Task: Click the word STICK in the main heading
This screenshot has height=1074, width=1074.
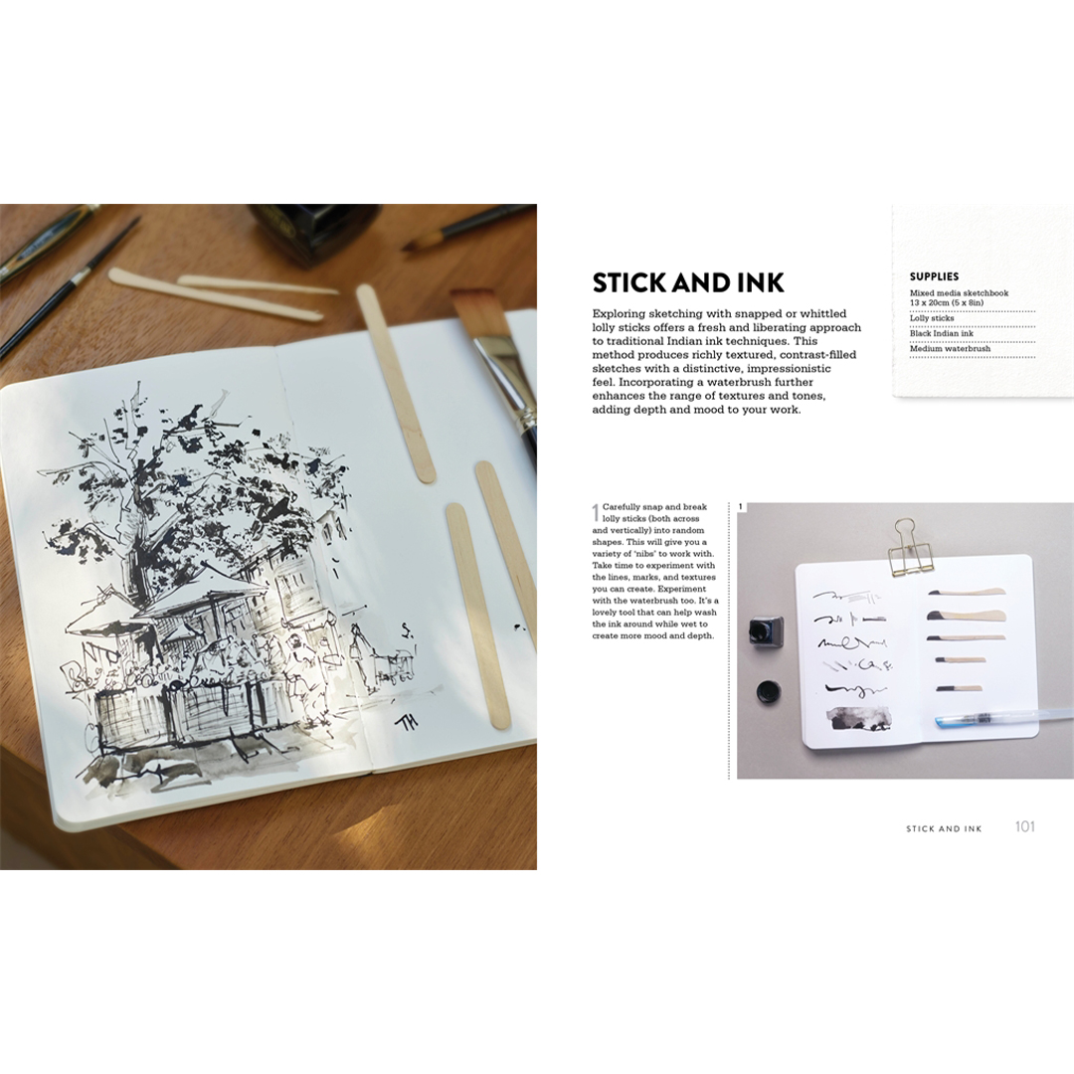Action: point(629,282)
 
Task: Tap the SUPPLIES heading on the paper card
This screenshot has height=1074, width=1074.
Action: point(934,276)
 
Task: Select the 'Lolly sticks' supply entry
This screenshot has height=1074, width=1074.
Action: point(932,318)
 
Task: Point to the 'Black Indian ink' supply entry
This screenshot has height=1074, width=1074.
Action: point(941,333)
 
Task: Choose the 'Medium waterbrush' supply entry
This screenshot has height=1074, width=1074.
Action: point(950,349)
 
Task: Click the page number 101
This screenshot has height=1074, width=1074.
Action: point(1024,826)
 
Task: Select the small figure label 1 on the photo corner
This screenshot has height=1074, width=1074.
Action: point(741,507)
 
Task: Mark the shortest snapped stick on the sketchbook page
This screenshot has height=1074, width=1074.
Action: point(961,688)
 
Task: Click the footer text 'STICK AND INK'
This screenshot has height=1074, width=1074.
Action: point(944,828)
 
